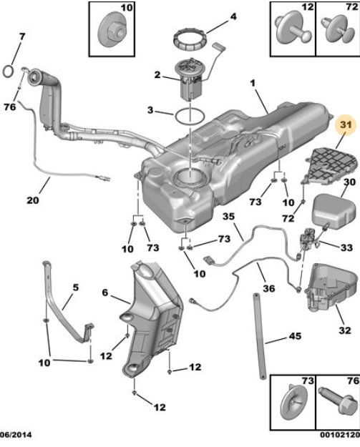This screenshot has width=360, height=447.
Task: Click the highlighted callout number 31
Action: (x=346, y=125)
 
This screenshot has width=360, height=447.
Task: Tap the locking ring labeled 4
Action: (x=190, y=39)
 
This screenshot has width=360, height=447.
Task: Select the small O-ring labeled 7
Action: (x=8, y=72)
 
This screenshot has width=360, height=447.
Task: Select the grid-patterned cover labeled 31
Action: (x=331, y=165)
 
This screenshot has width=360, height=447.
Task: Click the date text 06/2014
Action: (x=16, y=435)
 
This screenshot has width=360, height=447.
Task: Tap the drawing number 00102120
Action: (x=340, y=435)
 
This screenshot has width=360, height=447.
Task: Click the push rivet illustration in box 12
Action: (x=293, y=28)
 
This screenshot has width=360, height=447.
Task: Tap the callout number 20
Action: (x=33, y=200)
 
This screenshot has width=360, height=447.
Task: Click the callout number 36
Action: (x=268, y=288)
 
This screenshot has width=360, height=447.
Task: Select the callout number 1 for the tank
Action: (x=253, y=83)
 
